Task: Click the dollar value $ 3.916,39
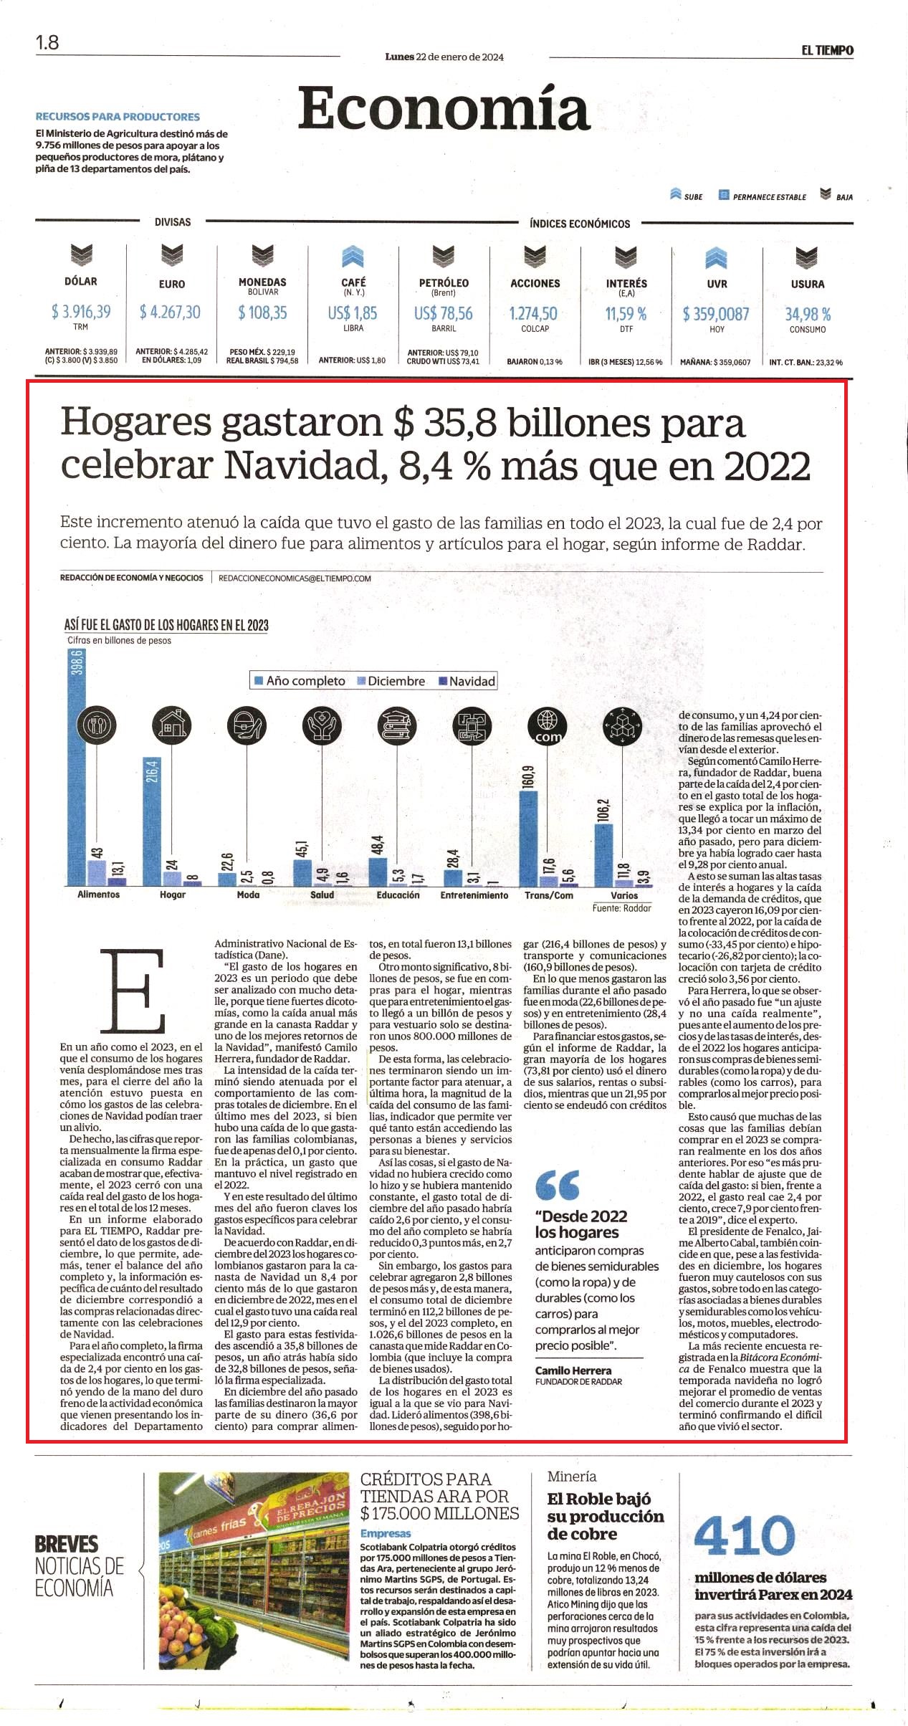[81, 312]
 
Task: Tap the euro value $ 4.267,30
[171, 312]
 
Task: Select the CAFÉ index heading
[353, 282]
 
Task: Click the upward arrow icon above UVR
[716, 257]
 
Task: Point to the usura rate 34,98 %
[808, 314]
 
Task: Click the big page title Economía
[444, 108]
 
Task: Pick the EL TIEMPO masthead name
[828, 50]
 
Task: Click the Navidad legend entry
[467, 681]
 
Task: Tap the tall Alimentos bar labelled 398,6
[76, 767]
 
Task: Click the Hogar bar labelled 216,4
[151, 822]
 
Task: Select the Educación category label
[398, 895]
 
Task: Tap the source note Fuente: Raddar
[622, 908]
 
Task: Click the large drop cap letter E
[133, 991]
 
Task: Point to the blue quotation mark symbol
[558, 1186]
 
